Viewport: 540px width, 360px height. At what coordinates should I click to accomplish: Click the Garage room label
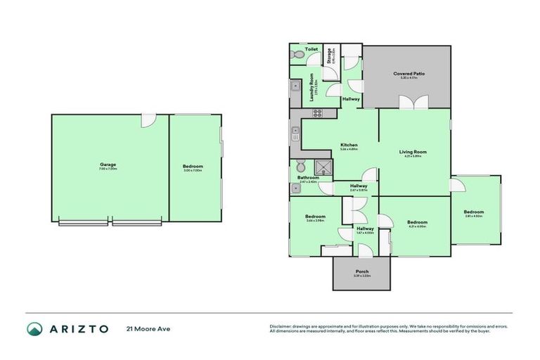(x=108, y=165)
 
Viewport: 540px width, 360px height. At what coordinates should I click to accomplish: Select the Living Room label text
(x=416, y=151)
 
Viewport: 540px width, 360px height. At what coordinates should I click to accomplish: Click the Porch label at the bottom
(x=362, y=271)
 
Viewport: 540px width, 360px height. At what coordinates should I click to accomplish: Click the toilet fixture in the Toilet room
(x=297, y=53)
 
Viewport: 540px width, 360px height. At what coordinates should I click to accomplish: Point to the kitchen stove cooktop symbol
(x=317, y=112)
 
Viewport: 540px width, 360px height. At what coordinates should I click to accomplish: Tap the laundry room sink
(x=294, y=88)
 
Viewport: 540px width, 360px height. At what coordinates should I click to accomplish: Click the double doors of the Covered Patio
(x=409, y=102)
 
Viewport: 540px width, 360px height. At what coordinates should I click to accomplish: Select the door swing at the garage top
(x=148, y=120)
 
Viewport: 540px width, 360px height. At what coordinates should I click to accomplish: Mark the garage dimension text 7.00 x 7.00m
(x=108, y=169)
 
